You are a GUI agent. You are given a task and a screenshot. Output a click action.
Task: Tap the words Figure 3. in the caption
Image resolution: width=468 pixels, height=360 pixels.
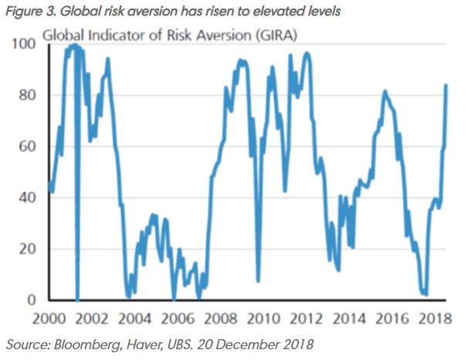(29, 11)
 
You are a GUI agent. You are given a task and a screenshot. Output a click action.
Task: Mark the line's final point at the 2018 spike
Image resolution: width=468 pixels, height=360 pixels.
(446, 85)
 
